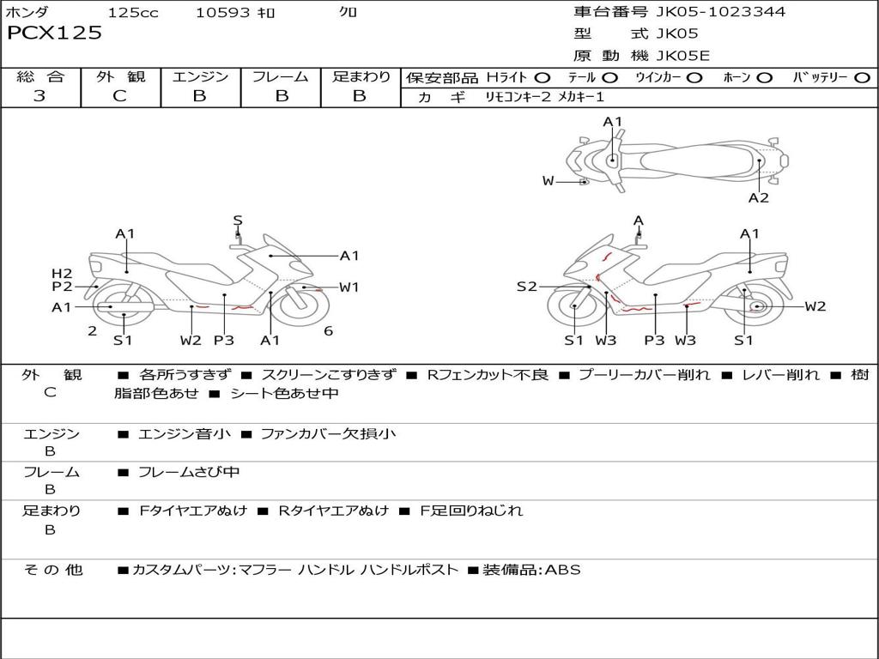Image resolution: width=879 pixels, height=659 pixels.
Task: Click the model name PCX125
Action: point(55,33)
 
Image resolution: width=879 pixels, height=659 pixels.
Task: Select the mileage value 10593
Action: point(222,12)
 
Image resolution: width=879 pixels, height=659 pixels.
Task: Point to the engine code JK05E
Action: point(683,56)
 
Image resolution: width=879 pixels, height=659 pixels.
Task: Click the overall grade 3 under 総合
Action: point(39,96)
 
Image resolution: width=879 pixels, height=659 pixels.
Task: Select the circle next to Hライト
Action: point(543,77)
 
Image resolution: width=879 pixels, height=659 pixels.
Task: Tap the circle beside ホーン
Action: point(765,77)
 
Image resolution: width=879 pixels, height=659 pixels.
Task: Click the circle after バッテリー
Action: point(863,77)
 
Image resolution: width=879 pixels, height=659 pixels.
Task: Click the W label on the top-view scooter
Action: point(549,180)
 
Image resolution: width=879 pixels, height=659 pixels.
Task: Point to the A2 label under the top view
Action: point(758,197)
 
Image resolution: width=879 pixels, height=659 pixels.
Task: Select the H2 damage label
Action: point(61,273)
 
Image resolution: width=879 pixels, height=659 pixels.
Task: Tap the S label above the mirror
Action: point(238,221)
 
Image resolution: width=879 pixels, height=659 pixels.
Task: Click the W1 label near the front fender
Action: point(349,287)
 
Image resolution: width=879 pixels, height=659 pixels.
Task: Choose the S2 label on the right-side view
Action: point(526,287)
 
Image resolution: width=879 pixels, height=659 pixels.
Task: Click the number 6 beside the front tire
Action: point(329,331)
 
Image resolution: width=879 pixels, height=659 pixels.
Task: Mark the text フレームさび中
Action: point(189,472)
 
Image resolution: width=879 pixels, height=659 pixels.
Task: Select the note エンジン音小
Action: point(185,434)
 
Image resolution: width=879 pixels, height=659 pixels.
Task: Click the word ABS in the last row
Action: point(563,569)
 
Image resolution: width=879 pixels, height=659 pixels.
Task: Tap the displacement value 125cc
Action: point(127,12)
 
